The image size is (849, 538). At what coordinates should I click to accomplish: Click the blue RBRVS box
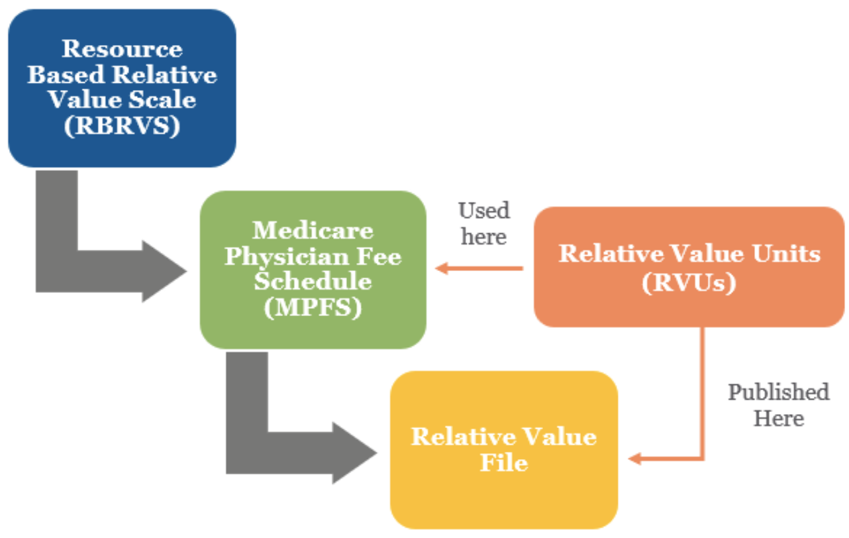tap(122, 87)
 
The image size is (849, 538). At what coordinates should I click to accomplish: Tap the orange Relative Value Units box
tap(689, 267)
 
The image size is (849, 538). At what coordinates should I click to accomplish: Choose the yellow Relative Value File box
tap(503, 449)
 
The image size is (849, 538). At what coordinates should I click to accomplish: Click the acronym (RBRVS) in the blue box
tap(122, 126)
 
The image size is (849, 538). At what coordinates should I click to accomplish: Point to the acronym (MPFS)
tap(313, 307)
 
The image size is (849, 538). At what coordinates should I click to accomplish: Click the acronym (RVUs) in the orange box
tap(689, 282)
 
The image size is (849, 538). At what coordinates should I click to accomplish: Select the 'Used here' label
tap(484, 223)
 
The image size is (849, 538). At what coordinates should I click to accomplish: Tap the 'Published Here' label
tap(778, 405)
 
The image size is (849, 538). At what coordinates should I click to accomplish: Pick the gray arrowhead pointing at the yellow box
tap(355, 453)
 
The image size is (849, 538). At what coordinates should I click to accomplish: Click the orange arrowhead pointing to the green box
tap(442, 268)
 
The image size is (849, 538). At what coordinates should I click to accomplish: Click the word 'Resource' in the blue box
tap(122, 49)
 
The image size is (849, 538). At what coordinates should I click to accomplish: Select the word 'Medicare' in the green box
tap(313, 231)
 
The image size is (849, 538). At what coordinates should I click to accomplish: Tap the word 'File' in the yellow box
tap(503, 462)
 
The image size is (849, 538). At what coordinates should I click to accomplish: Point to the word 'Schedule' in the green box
tap(313, 282)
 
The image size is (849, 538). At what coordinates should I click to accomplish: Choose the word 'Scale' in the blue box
tap(162, 100)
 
